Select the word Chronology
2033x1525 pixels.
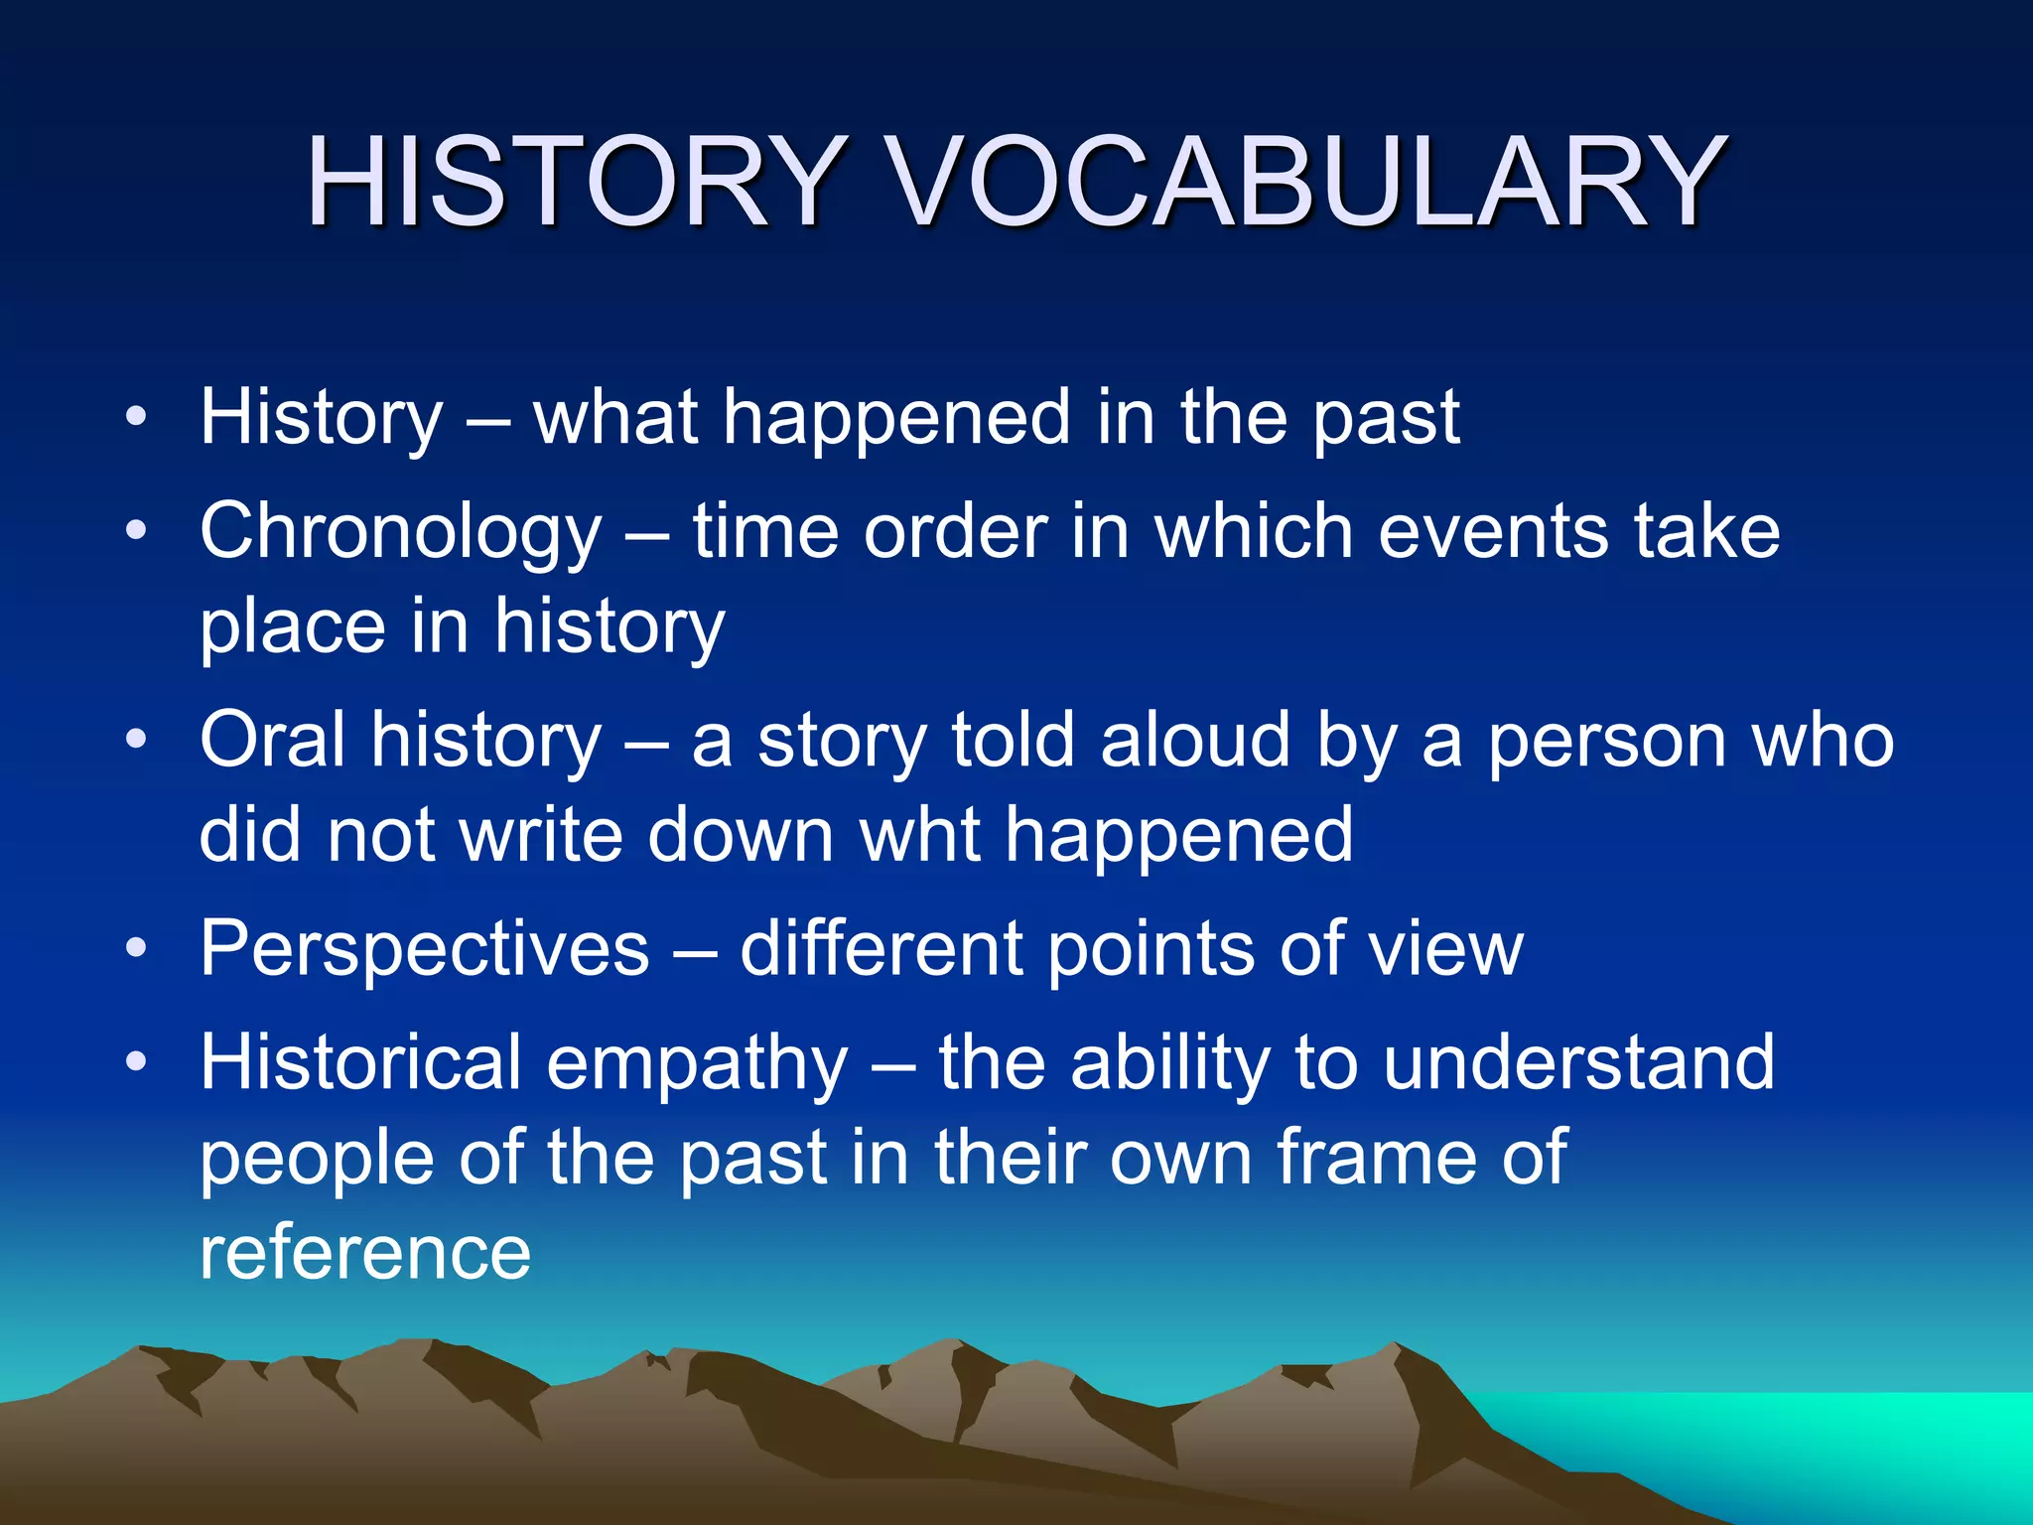tap(400, 534)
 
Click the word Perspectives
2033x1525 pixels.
tap(425, 949)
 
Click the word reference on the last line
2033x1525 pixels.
tap(364, 1253)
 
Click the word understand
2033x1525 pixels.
tap(1578, 1062)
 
